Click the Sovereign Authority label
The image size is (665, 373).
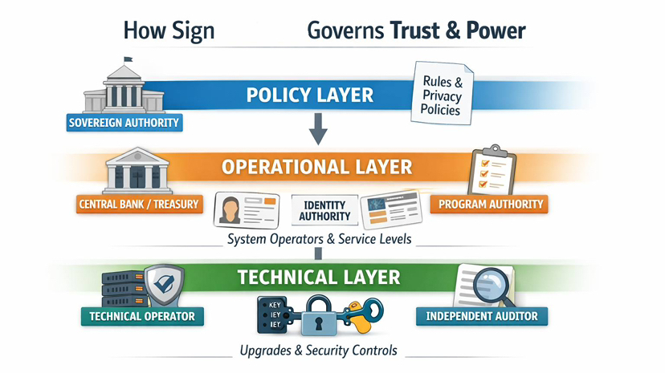[x=124, y=124]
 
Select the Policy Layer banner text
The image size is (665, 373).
[x=309, y=95]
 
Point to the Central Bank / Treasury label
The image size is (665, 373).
[x=138, y=204]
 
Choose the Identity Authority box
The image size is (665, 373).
[x=324, y=210]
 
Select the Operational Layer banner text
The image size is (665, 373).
[x=316, y=168]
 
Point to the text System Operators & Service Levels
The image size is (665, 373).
[x=320, y=239]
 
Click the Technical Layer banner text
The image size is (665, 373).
[x=318, y=278]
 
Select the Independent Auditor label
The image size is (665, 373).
[x=482, y=316]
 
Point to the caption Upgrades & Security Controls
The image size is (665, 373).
[x=318, y=351]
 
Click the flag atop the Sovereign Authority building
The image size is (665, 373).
[x=128, y=59]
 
